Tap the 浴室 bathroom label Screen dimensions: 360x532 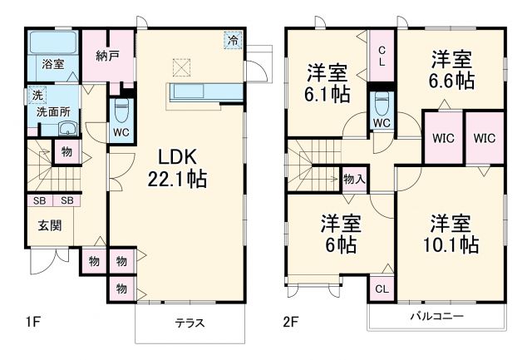point(54,64)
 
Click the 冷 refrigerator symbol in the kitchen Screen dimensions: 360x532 point(234,39)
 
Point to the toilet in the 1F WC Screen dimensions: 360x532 point(121,108)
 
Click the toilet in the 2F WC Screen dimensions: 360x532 point(382,104)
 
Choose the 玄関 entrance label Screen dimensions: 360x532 point(46,224)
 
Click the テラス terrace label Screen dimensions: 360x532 point(190,323)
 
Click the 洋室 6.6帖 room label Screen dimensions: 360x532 point(451,70)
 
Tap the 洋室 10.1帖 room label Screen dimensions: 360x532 point(451,234)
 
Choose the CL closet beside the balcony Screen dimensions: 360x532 point(382,288)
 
